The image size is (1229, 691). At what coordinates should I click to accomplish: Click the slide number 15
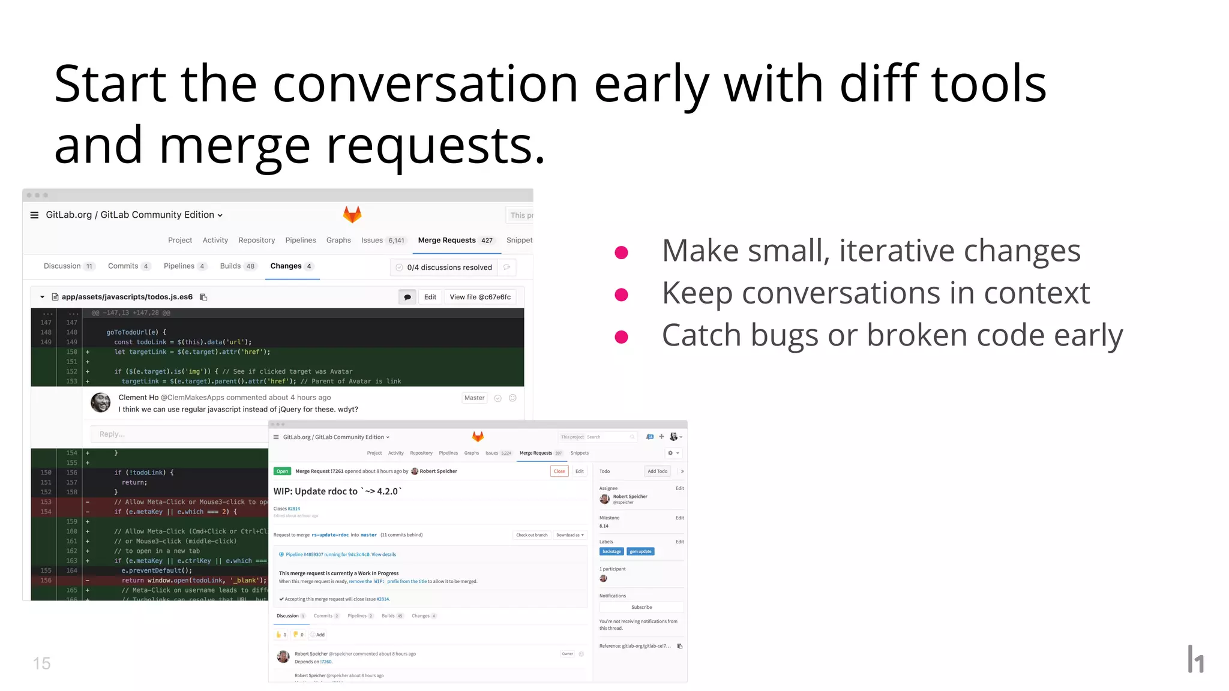coord(41,663)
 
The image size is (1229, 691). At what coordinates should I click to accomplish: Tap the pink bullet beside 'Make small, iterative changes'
coord(621,253)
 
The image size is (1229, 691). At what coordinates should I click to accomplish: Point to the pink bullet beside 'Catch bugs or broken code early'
coord(621,337)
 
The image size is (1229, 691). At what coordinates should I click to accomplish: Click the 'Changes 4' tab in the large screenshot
coord(291,266)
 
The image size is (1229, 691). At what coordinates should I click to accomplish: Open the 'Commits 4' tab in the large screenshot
coord(128,266)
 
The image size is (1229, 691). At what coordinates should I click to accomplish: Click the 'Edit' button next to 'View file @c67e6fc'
coord(430,297)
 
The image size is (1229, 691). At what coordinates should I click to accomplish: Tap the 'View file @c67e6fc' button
coord(480,297)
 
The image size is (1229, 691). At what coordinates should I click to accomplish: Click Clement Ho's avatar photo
coord(101,402)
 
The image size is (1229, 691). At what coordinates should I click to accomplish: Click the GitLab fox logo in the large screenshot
coord(352,214)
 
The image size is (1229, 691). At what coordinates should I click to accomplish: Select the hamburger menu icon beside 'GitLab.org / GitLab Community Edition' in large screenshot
coord(34,215)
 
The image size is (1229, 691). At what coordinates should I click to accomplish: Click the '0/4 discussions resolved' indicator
coord(449,268)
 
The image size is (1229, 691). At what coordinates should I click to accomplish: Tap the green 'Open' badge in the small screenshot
coord(282,471)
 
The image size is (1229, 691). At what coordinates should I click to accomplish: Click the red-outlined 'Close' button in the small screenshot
coord(559,471)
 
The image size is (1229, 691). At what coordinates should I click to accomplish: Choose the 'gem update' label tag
coord(640,552)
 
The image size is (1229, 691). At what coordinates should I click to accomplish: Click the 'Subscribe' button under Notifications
coord(642,608)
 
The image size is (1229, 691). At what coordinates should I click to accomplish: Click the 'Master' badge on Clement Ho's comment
coord(474,398)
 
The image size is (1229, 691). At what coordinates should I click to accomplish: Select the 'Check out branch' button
coord(532,535)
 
